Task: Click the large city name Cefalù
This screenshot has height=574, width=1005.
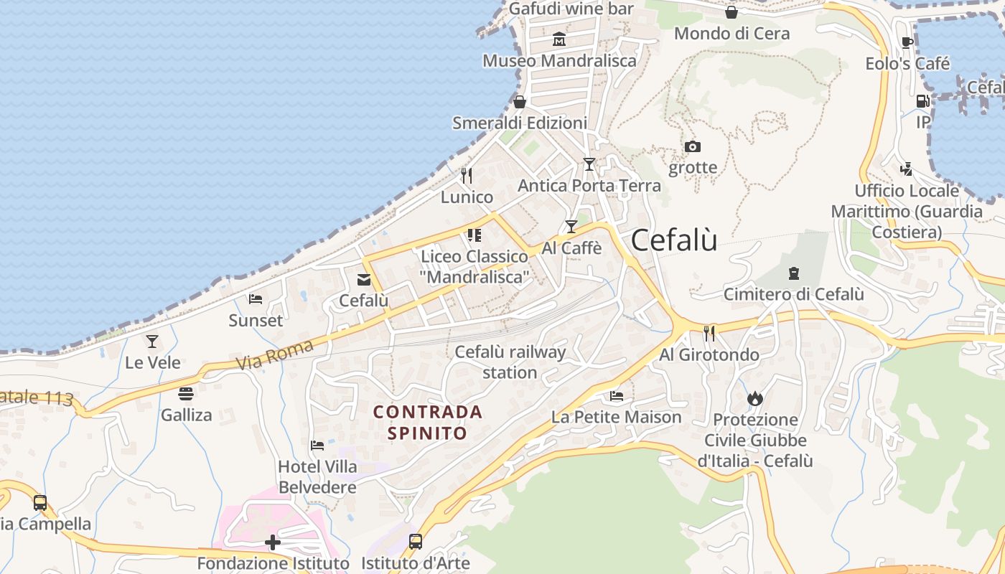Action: pyautogui.click(x=674, y=240)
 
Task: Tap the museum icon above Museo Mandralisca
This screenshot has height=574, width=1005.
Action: pyautogui.click(x=559, y=39)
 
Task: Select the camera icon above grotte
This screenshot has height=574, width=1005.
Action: pyautogui.click(x=692, y=147)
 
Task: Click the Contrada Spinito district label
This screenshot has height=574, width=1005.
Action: pyautogui.click(x=428, y=423)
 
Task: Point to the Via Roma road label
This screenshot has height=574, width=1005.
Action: pyautogui.click(x=275, y=355)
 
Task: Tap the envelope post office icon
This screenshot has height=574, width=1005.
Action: pyautogui.click(x=364, y=279)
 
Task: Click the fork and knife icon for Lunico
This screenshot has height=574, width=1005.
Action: pyautogui.click(x=467, y=175)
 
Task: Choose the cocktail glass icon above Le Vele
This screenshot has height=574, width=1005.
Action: pyautogui.click(x=152, y=341)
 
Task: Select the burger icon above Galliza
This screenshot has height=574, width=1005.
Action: pyautogui.click(x=186, y=393)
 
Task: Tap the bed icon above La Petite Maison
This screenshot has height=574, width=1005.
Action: pyautogui.click(x=616, y=395)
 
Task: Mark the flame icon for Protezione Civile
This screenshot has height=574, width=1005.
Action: pyautogui.click(x=754, y=397)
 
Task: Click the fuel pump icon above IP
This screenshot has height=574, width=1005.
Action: pyautogui.click(x=922, y=101)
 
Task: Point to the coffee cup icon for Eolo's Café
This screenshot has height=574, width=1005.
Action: pyautogui.click(x=907, y=42)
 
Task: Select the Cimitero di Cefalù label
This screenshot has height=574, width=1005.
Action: pyautogui.click(x=793, y=294)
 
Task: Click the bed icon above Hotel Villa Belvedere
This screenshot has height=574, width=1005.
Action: pyautogui.click(x=317, y=446)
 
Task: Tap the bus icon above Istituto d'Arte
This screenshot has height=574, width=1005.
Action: pyautogui.click(x=416, y=541)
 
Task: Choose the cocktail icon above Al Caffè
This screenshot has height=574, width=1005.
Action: pyautogui.click(x=571, y=227)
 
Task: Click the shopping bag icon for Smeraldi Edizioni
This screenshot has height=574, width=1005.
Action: pyautogui.click(x=520, y=102)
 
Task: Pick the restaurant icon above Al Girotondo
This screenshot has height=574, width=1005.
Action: pyautogui.click(x=709, y=332)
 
